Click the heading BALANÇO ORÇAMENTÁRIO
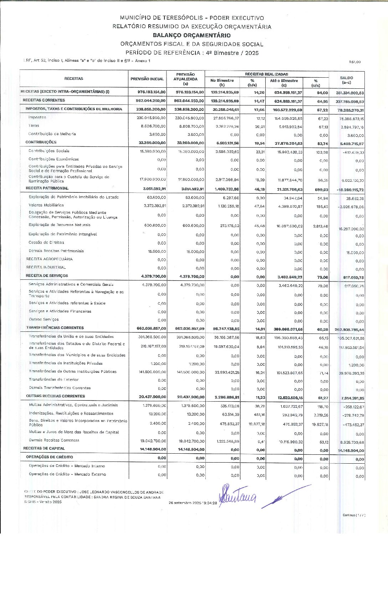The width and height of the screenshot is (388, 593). click(x=192, y=35)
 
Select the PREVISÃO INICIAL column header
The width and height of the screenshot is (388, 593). click(x=147, y=79)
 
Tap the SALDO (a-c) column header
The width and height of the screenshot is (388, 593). click(x=346, y=80)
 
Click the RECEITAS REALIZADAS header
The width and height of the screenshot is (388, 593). click(x=266, y=74)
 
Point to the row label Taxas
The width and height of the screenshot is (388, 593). click(x=34, y=125)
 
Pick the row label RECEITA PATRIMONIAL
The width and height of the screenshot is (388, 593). click(x=47, y=188)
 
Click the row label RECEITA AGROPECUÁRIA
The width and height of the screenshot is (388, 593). click(x=49, y=259)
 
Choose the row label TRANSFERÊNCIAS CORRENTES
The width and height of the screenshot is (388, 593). click(x=55, y=328)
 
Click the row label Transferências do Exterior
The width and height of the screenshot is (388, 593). click(x=54, y=380)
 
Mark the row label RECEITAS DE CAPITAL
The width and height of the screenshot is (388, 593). click(x=44, y=448)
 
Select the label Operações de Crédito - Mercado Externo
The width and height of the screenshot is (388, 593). click(x=67, y=474)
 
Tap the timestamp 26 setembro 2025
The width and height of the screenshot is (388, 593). click(x=193, y=503)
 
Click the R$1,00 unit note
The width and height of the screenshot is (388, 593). click(x=355, y=62)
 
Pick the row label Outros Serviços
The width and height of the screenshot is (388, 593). click(x=44, y=319)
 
